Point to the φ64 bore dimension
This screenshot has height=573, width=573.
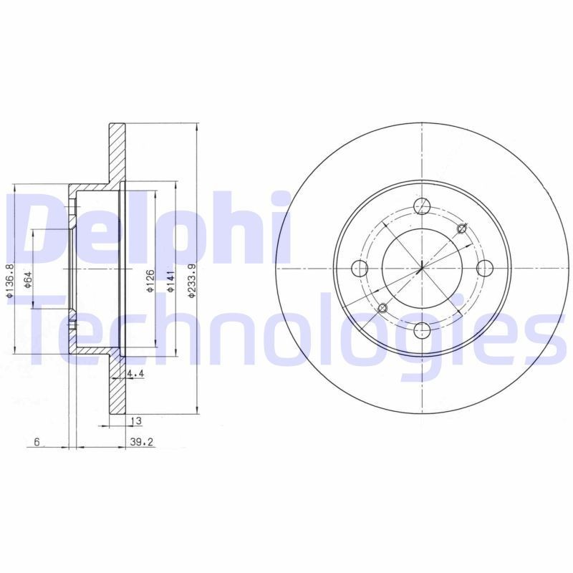(27, 280)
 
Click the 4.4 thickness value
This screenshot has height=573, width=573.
(135, 374)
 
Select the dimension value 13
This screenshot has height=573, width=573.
(135, 420)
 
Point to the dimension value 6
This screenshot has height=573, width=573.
(37, 442)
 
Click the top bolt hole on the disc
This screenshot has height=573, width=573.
(423, 206)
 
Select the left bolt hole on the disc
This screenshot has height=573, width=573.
(361, 269)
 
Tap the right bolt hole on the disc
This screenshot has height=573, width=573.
(485, 268)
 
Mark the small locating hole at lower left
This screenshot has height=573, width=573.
(382, 308)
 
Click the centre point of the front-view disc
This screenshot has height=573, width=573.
(423, 268)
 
